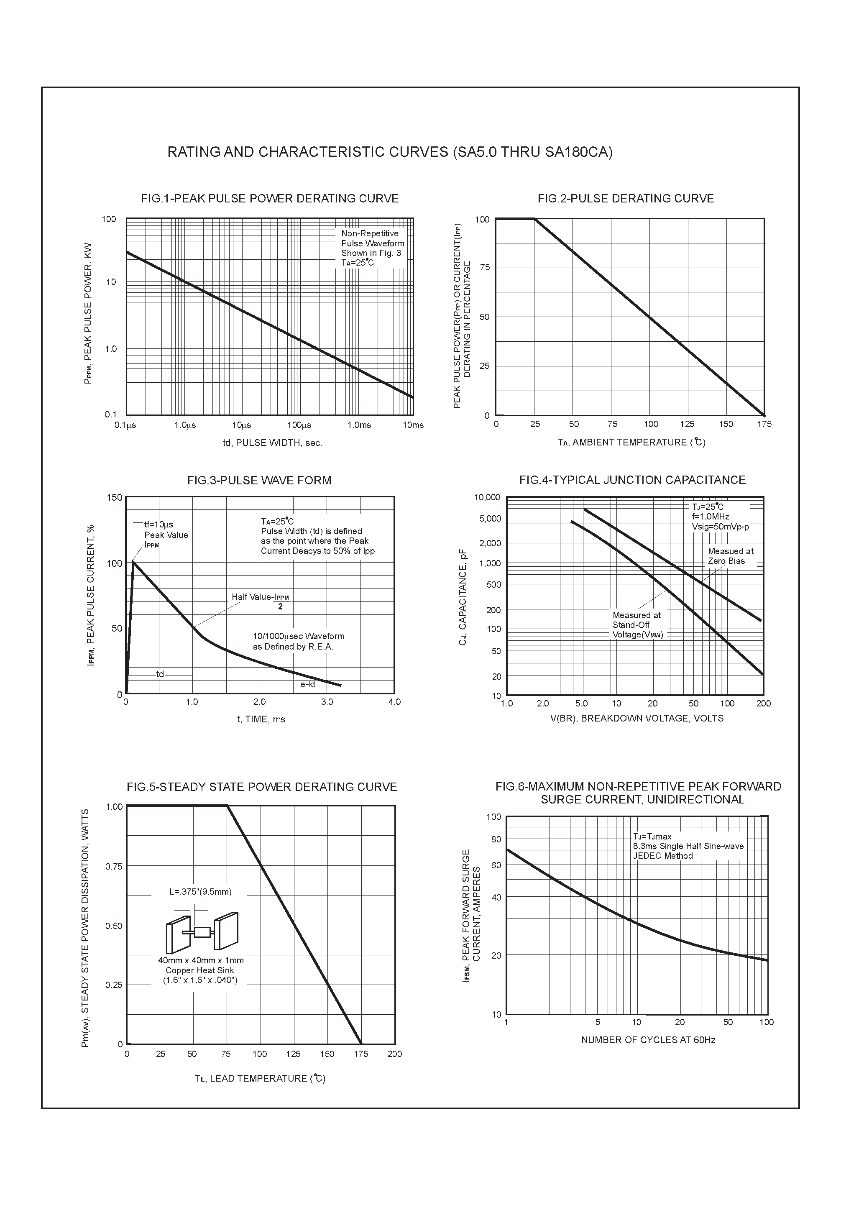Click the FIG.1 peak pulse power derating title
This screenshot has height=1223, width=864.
click(270, 198)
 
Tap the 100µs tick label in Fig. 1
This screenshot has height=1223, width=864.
click(299, 425)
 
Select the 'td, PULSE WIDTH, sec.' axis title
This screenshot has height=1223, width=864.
click(272, 443)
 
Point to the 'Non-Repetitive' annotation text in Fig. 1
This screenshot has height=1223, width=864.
click(369, 233)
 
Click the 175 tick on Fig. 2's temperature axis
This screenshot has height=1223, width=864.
click(764, 424)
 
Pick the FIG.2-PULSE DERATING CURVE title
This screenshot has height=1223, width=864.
click(625, 198)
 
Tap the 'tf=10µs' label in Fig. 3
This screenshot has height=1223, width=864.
click(159, 525)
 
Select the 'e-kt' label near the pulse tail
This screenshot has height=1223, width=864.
click(308, 684)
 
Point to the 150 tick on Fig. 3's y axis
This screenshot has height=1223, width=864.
click(115, 497)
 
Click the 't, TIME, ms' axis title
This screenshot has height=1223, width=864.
click(261, 719)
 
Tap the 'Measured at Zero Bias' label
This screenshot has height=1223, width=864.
click(730, 556)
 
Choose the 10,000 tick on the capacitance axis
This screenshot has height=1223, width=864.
click(487, 497)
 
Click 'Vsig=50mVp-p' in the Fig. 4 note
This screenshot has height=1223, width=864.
click(720, 527)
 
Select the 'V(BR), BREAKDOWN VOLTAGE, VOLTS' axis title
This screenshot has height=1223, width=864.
click(636, 719)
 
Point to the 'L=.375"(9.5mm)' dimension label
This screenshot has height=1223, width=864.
click(200, 892)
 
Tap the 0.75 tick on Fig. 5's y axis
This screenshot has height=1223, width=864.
click(113, 867)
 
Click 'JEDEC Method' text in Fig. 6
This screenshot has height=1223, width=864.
click(663, 856)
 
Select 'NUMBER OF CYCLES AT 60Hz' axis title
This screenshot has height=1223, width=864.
click(648, 1040)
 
